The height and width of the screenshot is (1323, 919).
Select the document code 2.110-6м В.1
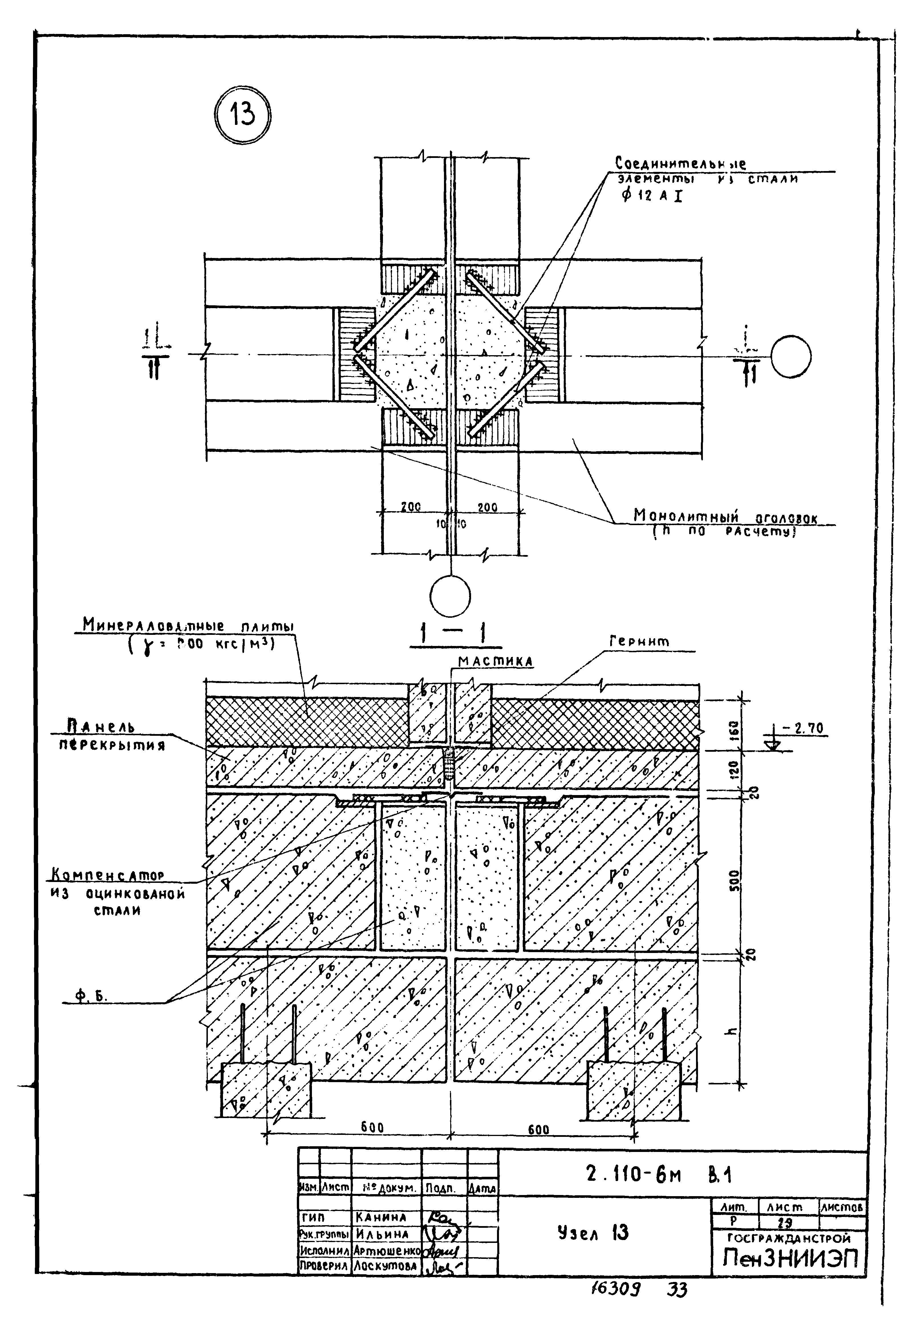(x=659, y=1174)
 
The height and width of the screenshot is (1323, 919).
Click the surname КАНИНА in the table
(x=381, y=1218)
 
